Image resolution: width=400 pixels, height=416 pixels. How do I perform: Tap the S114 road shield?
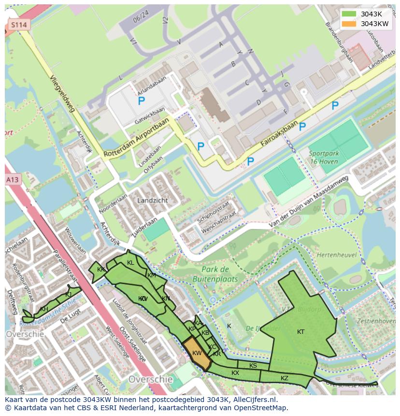point(19,25)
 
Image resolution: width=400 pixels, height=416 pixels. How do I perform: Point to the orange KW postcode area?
point(197,353)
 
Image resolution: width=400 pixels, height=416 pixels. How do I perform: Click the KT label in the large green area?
point(300,331)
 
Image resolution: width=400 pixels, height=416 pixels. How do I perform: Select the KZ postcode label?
point(285,378)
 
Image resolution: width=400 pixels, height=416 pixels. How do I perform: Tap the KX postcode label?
point(235,373)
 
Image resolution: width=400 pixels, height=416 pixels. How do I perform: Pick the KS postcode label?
point(253,366)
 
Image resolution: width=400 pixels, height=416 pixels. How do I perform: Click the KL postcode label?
point(130,263)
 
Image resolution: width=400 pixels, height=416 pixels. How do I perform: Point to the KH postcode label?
point(44,309)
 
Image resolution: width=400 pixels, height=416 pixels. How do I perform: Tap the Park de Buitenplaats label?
point(215,274)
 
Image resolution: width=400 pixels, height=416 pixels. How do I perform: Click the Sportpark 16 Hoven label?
point(324,158)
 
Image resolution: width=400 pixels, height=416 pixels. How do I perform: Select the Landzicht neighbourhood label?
point(153,200)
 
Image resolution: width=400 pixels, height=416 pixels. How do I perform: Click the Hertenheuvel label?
point(336,255)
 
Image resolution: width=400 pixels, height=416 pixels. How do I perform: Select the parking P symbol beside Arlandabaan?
point(141,101)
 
